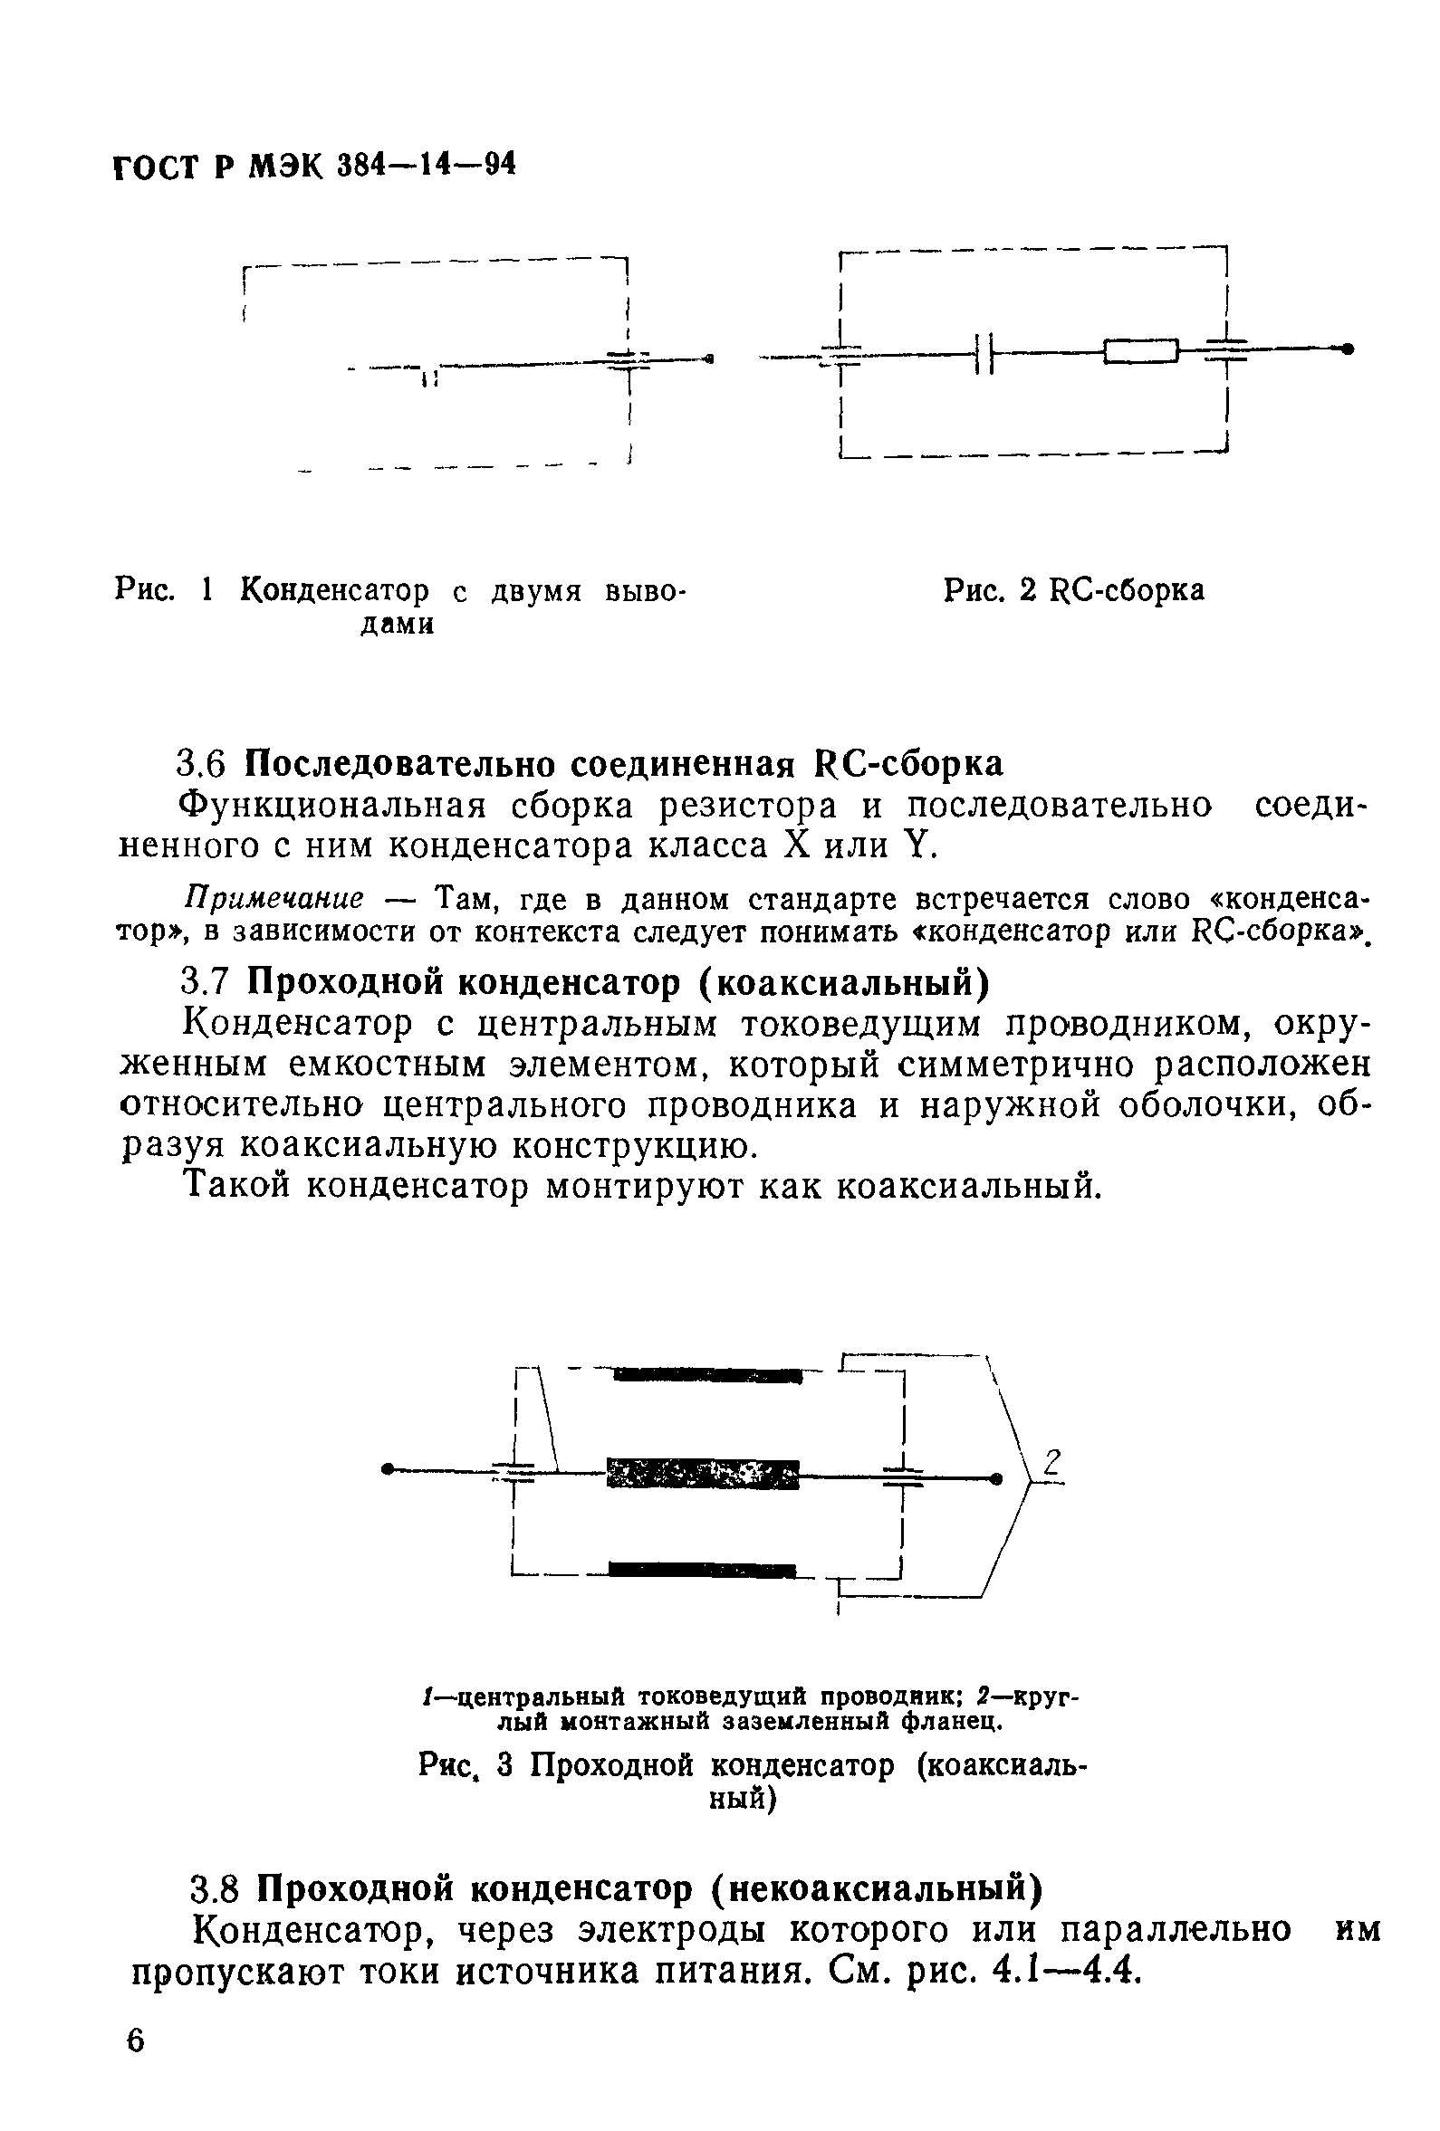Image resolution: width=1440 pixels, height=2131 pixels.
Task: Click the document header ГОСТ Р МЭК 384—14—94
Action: pos(313,166)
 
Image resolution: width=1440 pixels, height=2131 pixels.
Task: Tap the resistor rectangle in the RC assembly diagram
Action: pos(1140,350)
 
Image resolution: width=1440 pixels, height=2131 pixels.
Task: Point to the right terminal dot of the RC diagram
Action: pos(1347,349)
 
